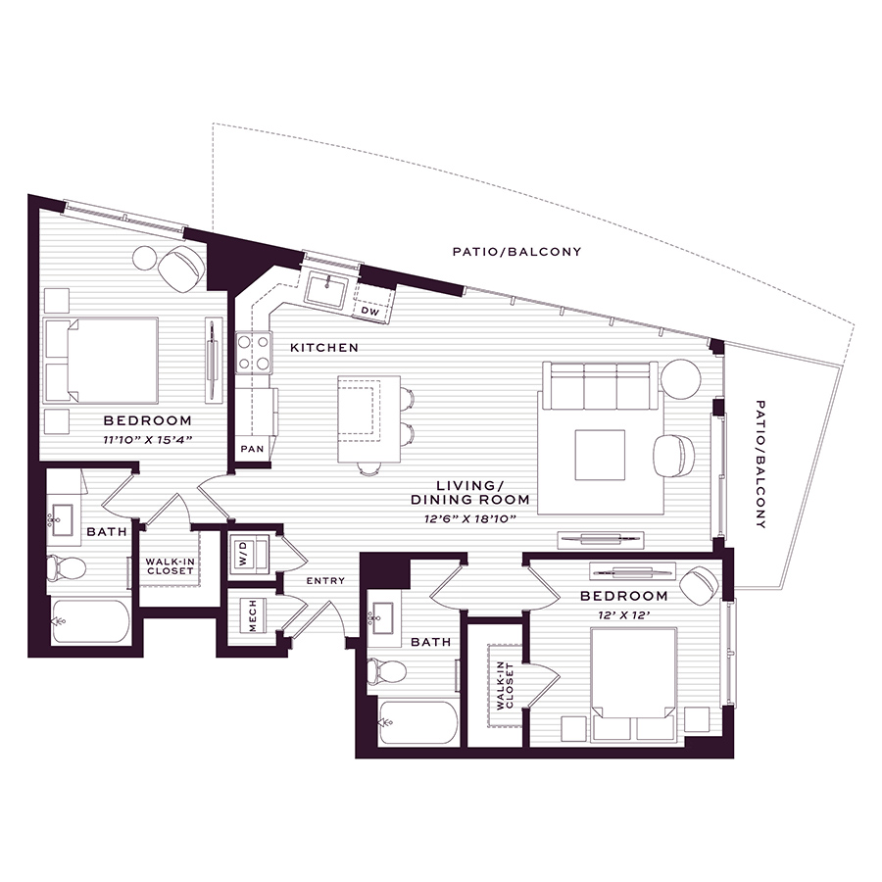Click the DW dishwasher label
369,311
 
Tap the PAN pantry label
252,449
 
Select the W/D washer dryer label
243,554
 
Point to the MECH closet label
252,615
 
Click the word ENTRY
325,580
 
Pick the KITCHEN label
324,348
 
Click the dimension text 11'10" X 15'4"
148,440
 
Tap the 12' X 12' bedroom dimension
624,615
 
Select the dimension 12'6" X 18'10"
470,518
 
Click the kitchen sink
325,288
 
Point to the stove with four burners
254,353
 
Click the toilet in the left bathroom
66,568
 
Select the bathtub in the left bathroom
91,621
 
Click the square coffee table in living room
600,455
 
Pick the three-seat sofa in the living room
600,386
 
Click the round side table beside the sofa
681,379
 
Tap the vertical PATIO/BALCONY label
760,465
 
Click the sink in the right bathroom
384,613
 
